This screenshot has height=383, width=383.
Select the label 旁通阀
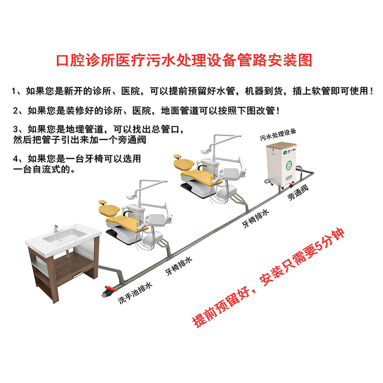(x=298, y=193)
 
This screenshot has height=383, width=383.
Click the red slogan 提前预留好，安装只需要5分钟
(x=268, y=278)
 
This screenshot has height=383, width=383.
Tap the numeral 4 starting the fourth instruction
(x=15, y=158)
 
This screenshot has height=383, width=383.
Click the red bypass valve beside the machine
(x=290, y=181)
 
